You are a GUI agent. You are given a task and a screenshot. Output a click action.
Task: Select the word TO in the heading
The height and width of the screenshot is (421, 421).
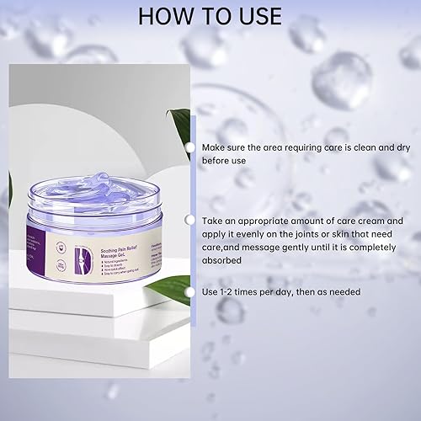tap(210, 18)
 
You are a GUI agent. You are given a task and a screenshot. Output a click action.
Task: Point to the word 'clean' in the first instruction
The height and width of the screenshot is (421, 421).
tap(333, 147)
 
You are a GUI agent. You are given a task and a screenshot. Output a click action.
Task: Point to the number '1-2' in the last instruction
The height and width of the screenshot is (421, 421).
tap(230, 291)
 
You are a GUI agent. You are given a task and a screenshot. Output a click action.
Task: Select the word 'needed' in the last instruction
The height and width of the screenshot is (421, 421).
tap(344, 291)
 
